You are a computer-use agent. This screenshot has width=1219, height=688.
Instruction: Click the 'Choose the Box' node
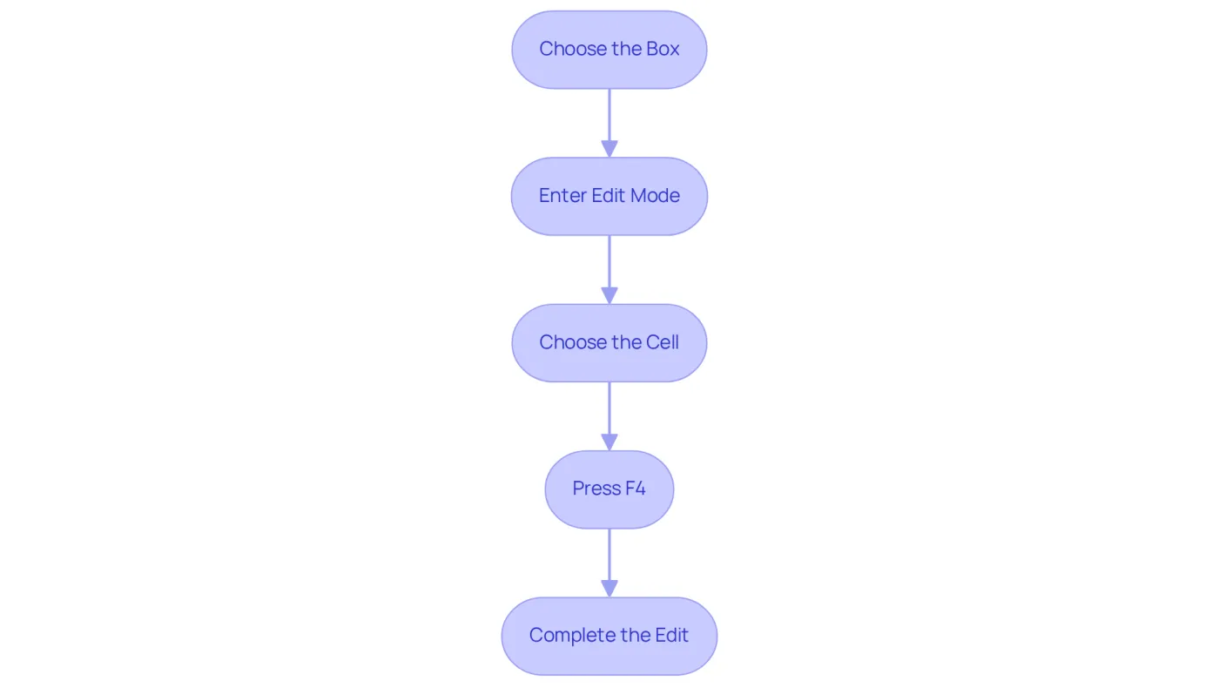tap(609, 50)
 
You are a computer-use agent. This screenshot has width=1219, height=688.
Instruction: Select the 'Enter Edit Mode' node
tap(609, 196)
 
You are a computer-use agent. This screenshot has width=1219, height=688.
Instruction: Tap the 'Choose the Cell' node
tap(609, 343)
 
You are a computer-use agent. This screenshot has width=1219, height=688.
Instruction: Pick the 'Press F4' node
tap(609, 489)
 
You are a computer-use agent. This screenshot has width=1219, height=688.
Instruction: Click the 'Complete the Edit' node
tap(609, 637)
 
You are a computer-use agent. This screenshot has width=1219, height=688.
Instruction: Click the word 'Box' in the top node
tap(663, 49)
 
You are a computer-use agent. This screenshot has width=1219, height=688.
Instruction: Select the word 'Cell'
tap(662, 341)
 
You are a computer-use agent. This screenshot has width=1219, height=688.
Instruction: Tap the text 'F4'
tap(635, 489)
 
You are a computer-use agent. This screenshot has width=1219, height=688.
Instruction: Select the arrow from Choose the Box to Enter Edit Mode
tap(609, 123)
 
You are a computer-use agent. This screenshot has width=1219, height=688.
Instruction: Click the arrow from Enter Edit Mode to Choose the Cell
tap(609, 269)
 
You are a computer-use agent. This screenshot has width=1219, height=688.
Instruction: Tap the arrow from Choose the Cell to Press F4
tap(609, 416)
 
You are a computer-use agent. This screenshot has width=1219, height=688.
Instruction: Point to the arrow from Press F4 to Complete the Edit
tap(609, 563)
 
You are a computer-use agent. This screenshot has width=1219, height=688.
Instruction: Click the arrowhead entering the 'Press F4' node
tap(609, 442)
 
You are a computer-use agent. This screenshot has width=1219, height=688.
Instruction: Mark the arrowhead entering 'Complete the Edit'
tap(609, 589)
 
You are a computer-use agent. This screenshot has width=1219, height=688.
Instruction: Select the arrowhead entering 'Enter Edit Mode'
tap(609, 149)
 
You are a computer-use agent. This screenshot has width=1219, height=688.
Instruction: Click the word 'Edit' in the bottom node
tap(671, 635)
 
